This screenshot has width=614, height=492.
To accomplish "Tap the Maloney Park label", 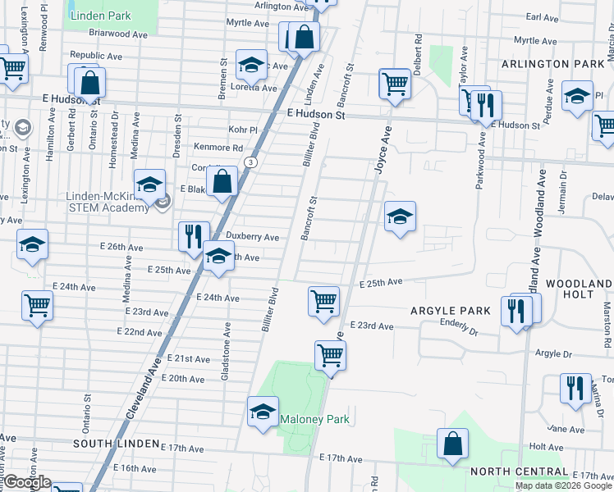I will point(315,419).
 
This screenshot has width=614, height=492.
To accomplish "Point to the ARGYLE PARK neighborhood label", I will point(449,310).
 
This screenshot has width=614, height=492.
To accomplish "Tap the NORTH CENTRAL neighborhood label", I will point(519,471).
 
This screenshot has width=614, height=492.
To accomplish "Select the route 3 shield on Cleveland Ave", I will point(250,163).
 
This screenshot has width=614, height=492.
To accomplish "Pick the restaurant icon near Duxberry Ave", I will point(194,236).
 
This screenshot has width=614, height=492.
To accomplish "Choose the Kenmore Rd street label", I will point(218,148).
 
